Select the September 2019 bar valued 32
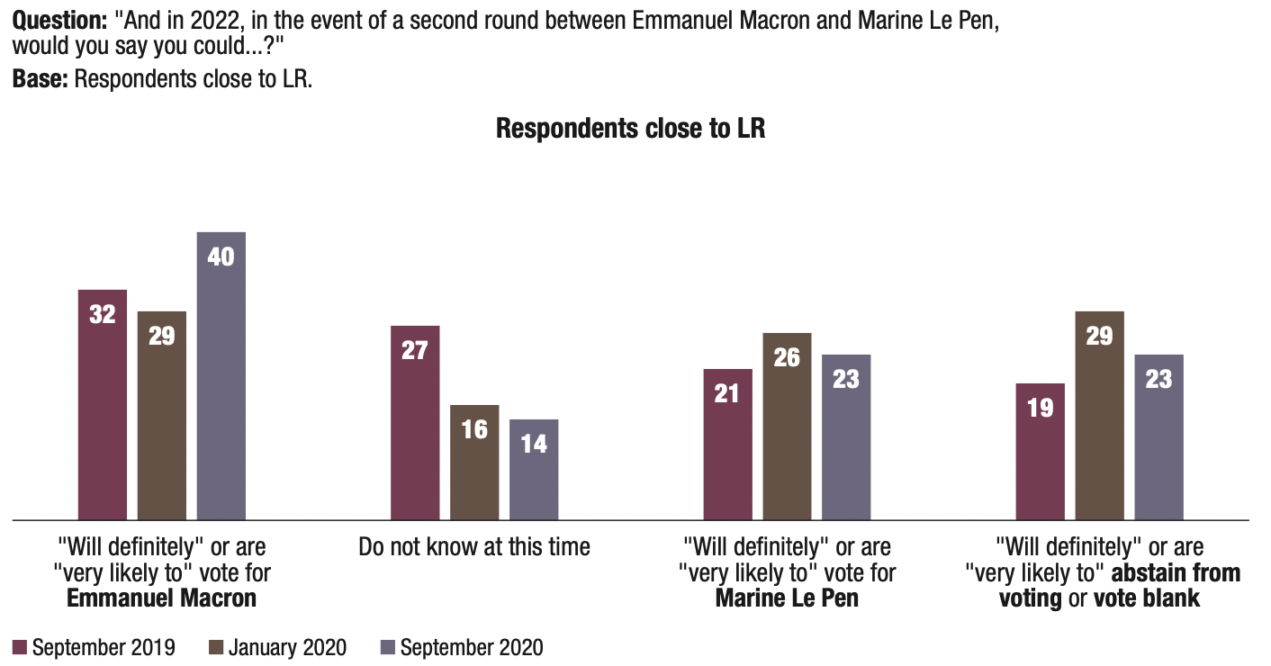coord(103,404)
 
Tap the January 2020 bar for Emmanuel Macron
coord(162,415)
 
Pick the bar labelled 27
coord(415,422)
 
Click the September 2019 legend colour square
coord(20,647)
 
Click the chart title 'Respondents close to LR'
coord(630,128)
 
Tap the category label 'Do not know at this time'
coord(474,546)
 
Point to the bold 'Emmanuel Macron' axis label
coord(162,598)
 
